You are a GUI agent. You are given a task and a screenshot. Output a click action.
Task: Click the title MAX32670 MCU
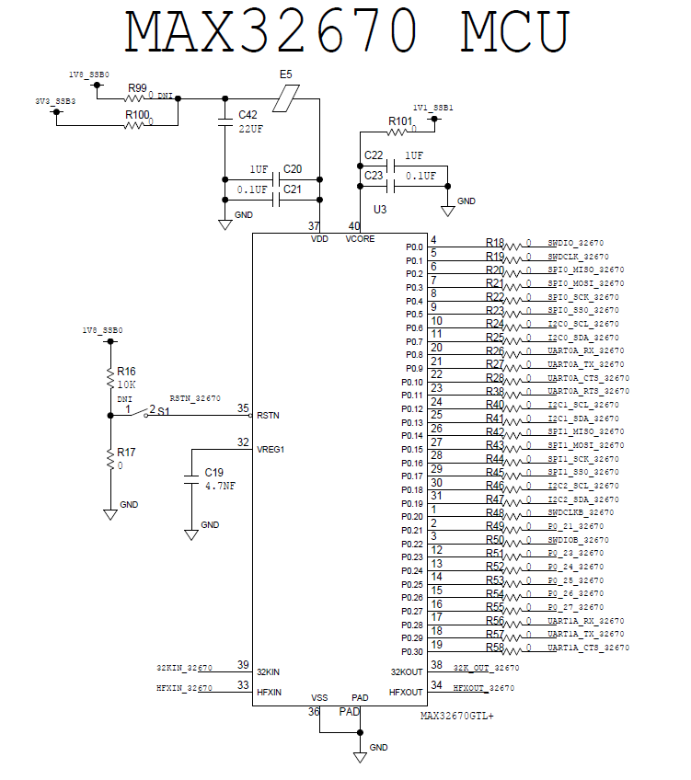click(x=347, y=32)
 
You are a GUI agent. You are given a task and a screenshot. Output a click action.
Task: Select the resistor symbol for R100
click(x=138, y=124)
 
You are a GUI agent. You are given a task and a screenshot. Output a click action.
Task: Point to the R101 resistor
click(x=401, y=132)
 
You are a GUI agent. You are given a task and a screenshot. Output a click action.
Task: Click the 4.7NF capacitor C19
click(x=191, y=479)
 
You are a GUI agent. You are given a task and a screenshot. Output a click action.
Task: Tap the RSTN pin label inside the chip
click(x=268, y=416)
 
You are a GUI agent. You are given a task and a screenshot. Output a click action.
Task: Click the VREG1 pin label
click(x=271, y=450)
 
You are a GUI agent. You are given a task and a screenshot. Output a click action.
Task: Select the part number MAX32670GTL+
click(x=457, y=716)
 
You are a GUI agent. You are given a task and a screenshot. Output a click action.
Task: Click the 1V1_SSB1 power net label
click(x=432, y=107)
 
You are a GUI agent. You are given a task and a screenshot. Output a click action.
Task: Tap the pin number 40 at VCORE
click(x=353, y=225)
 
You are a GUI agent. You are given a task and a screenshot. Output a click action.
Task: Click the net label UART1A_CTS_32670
click(x=589, y=648)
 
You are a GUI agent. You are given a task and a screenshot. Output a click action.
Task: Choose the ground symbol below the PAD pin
click(x=360, y=755)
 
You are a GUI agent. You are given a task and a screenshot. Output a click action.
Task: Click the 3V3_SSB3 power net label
click(x=55, y=101)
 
